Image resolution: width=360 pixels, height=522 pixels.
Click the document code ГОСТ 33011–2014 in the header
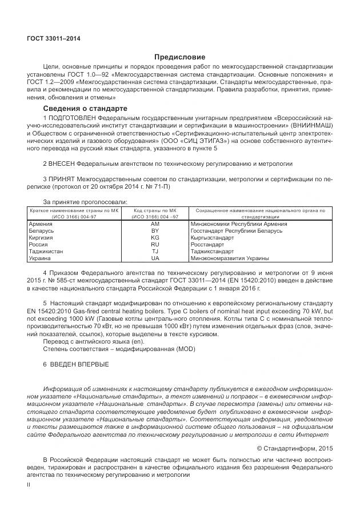click(54, 39)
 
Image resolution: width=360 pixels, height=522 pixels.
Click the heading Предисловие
click(179, 57)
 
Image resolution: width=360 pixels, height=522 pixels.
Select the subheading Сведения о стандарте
click(85, 108)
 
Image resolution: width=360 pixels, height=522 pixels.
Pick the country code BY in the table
click(155, 231)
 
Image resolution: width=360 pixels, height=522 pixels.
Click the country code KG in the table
click(155, 237)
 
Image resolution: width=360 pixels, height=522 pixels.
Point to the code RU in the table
click(155, 244)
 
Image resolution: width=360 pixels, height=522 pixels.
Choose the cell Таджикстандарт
click(212, 251)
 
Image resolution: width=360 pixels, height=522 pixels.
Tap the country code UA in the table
click(155, 258)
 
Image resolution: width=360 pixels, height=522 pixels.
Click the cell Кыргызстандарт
click(213, 237)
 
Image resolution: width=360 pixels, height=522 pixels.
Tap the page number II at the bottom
click(29, 484)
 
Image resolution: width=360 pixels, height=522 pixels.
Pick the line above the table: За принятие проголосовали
click(85, 202)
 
